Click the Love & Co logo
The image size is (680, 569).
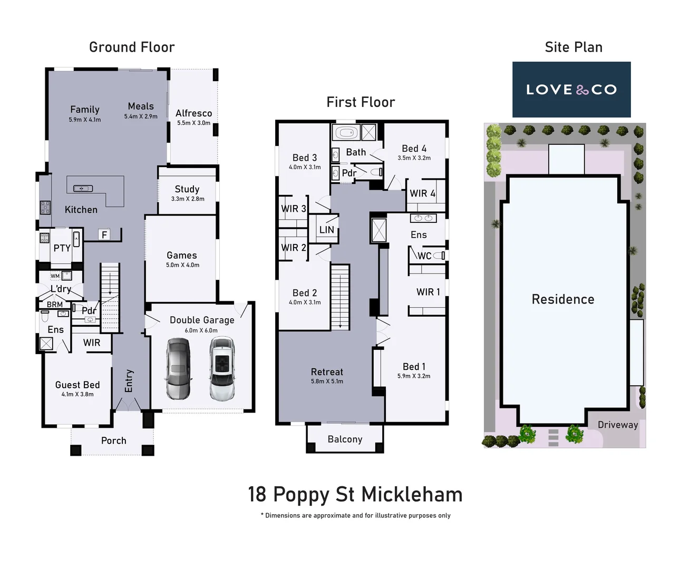571,90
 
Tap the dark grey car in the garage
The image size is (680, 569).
178,368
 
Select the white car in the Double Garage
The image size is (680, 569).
221,368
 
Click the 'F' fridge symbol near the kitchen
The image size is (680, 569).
104,235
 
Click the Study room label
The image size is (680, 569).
187,189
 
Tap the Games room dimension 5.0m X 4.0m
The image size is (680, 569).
182,265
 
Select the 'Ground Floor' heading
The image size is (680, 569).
132,47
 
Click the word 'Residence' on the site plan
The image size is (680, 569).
562,299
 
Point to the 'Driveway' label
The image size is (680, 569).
617,425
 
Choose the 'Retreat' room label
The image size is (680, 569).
327,372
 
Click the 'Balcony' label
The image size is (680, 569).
345,439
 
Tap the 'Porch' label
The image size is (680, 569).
113,440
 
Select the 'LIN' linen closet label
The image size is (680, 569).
326,230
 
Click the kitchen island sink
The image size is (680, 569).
83,188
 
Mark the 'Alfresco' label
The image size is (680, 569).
193,113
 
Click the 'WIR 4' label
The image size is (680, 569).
422,193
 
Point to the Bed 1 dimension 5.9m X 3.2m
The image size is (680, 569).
414,376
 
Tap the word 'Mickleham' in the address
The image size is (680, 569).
412,495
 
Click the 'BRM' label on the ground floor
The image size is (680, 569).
55,305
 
